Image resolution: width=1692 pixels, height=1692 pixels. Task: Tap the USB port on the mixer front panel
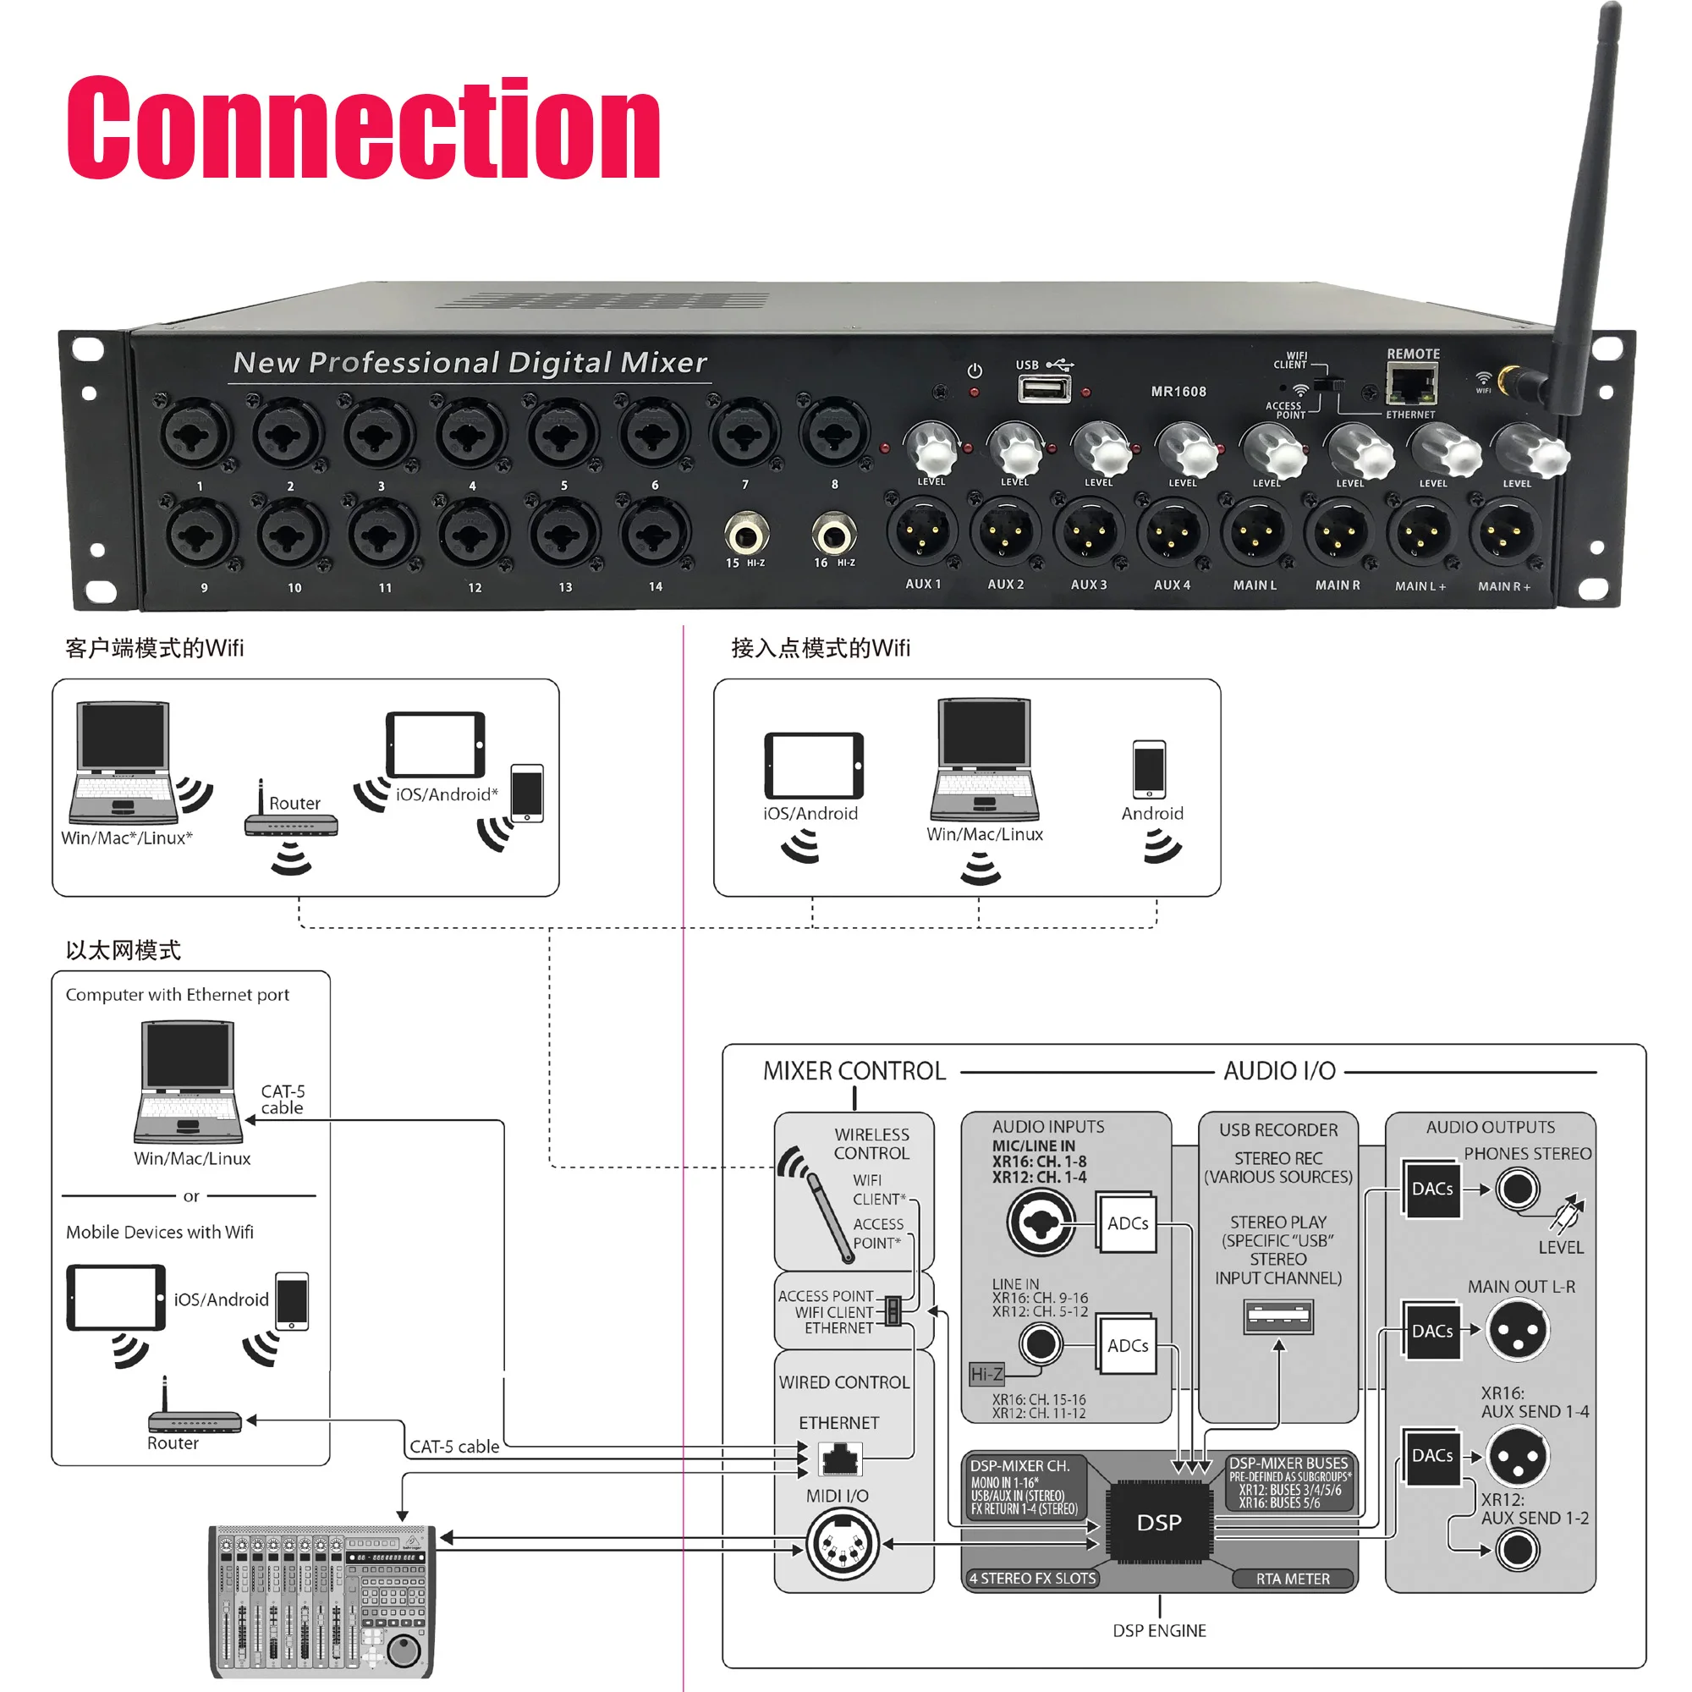coord(1044,388)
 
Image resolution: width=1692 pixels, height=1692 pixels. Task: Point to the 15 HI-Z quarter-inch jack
coord(746,533)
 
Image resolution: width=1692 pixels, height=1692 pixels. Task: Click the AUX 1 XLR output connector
coord(922,532)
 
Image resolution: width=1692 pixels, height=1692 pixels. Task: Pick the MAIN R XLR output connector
coord(1338,532)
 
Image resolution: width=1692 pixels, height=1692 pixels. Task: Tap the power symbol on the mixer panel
coord(975,371)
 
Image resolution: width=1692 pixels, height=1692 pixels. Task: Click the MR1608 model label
coord(1178,392)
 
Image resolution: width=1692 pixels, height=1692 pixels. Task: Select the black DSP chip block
coord(1159,1522)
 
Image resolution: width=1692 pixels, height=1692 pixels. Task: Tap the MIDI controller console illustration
coord(321,1601)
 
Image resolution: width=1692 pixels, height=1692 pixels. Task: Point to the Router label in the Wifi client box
coord(294,803)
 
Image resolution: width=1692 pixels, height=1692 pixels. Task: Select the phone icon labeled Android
coord(1149,769)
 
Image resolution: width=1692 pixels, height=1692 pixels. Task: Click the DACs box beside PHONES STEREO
coord(1432,1189)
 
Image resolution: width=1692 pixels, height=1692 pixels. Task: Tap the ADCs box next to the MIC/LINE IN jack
coord(1127,1223)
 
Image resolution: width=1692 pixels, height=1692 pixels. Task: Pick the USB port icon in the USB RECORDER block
coord(1278,1316)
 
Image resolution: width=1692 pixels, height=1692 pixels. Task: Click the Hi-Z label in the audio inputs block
coord(986,1374)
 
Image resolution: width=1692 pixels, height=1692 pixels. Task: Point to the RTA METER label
coord(1293,1578)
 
